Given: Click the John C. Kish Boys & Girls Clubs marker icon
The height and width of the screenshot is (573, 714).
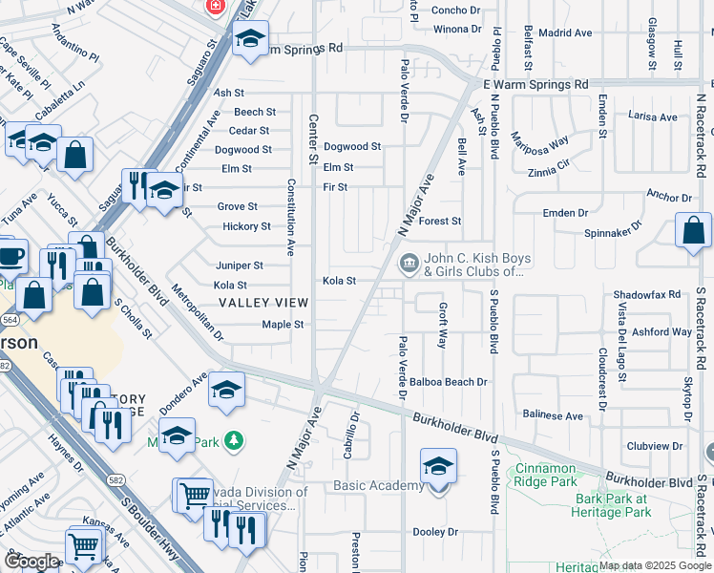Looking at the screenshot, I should point(409,262).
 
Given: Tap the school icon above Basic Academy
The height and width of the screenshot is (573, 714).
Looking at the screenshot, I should point(438,466).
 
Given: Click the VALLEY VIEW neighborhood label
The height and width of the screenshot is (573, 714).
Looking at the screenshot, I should point(263,302).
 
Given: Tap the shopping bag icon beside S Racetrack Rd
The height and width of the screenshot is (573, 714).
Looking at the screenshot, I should point(693,231).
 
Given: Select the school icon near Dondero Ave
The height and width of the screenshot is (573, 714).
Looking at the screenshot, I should point(226,390).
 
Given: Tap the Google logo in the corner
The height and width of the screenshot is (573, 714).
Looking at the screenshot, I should point(31,561).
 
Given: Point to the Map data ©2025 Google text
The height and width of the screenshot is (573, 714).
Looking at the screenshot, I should point(655,565).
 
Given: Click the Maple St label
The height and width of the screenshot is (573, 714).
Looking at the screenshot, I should point(283,325).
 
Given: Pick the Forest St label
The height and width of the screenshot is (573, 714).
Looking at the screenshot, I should point(440,221).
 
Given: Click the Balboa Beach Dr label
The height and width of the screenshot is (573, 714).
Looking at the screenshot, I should point(453,382).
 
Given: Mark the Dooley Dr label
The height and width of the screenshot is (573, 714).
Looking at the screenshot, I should point(435,532).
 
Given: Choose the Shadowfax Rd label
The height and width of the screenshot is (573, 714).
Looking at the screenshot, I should point(646,295).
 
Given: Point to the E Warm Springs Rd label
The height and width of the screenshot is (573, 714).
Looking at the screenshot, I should point(535,85).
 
